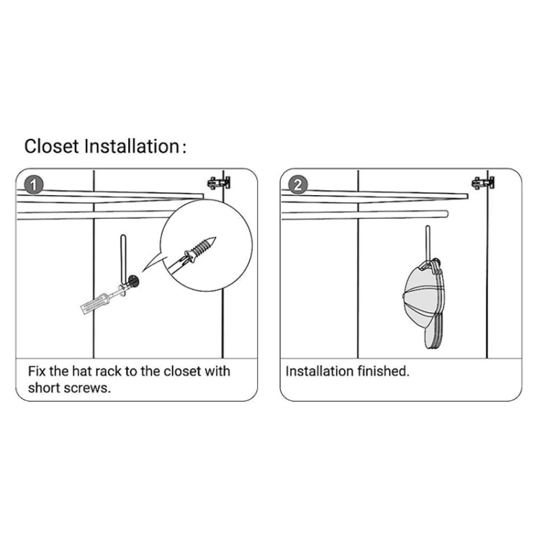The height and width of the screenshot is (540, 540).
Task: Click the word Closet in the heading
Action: [x=53, y=146]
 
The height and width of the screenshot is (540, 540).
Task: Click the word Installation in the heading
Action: [x=131, y=146]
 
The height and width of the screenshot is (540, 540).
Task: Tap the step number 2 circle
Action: [x=295, y=184]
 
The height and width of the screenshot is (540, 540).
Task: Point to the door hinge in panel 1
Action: [x=218, y=181]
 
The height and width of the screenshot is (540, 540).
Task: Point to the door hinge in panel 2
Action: [x=482, y=181]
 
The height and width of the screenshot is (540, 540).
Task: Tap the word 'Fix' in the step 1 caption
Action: [x=37, y=372]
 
